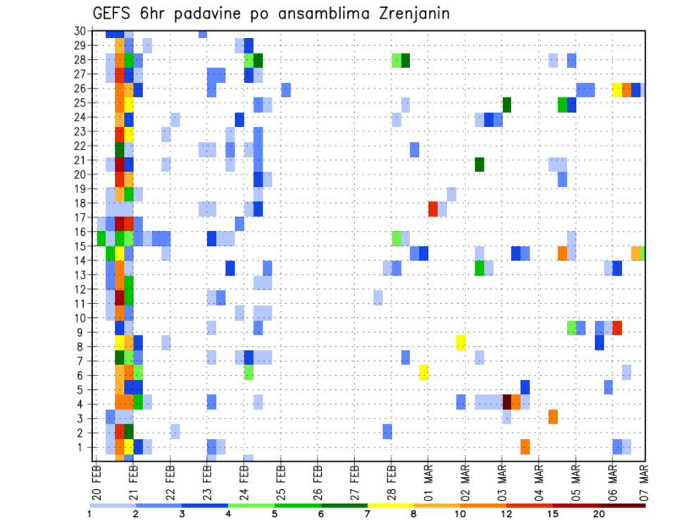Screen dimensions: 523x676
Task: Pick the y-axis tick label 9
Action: coord(82,332)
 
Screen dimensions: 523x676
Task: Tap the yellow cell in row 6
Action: coord(424,372)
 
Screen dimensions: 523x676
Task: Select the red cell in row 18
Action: coord(433,209)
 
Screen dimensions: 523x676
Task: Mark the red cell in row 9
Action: coord(617,328)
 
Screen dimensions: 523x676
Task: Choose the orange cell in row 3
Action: coord(553,417)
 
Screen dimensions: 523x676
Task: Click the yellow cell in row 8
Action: coord(461,343)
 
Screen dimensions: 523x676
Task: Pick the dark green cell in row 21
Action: coord(480,164)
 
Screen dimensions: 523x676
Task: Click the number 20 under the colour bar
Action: coord(599,514)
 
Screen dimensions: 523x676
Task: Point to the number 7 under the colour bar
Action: coord(368,514)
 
